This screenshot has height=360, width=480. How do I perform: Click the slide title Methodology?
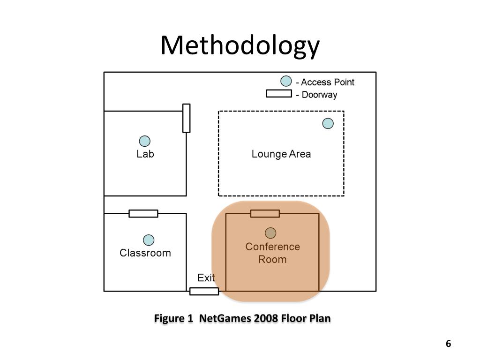pos(240,46)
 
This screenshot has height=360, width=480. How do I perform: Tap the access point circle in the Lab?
pos(145,141)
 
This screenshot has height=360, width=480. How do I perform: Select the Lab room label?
pos(145,154)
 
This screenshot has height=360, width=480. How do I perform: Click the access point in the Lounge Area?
pos(328,123)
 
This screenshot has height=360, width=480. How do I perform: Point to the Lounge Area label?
pos(281,154)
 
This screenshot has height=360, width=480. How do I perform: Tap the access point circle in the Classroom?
pos(149,240)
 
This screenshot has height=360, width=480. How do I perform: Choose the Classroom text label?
pos(145,253)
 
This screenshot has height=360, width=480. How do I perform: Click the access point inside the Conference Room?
pos(270,233)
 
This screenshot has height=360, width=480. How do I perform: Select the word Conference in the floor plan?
pos(272,247)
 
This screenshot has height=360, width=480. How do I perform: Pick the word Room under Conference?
pos(272,259)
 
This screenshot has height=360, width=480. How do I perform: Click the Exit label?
pos(206,278)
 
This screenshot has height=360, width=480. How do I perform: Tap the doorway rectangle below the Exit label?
pos(204,291)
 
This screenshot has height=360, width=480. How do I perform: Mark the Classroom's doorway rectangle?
pos(143,214)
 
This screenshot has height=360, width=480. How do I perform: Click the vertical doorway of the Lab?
pos(186,118)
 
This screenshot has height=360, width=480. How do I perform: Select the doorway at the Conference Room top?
pos(265,214)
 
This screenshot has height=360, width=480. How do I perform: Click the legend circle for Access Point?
pos(286,82)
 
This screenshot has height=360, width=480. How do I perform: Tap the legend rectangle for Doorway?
pos(279,93)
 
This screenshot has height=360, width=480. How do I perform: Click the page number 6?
pos(448,344)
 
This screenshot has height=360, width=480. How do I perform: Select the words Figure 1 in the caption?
pos(174,319)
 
